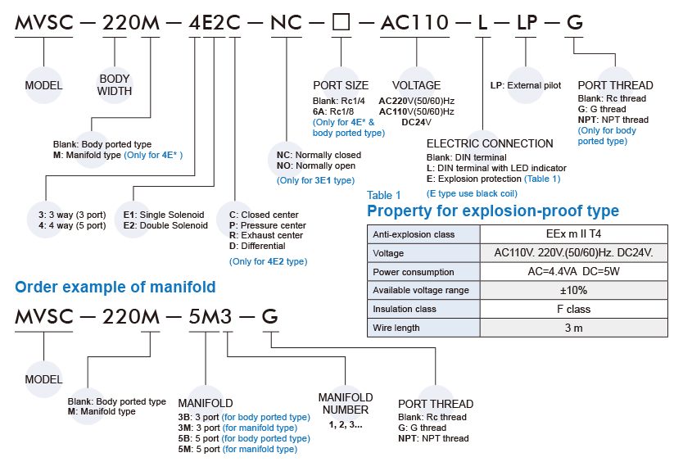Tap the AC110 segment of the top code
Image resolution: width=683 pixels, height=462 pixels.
click(414, 23)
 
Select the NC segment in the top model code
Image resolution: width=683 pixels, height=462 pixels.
click(286, 23)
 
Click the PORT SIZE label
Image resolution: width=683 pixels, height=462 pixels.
click(341, 85)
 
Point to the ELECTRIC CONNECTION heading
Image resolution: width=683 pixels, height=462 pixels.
click(490, 143)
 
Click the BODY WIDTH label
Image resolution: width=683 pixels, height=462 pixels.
click(115, 85)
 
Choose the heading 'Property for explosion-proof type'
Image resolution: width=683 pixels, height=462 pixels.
click(493, 211)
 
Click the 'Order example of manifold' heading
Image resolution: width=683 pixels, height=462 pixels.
click(115, 287)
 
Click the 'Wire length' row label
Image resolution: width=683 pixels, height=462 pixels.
click(396, 328)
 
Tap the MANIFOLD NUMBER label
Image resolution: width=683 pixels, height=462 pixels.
click(345, 403)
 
